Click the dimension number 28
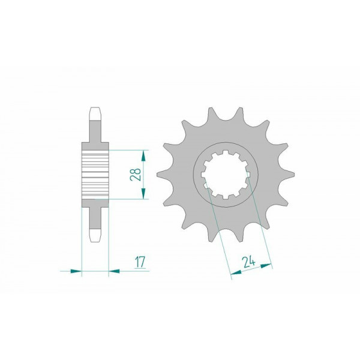pos(136,175)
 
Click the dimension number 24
pos(249,263)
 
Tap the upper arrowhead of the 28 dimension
pos(143,155)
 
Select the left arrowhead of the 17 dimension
pos(76,271)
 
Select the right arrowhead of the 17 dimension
pos(114,271)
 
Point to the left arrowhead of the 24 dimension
pos(236,272)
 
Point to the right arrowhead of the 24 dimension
pos(266,266)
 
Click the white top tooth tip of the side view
pos(95,114)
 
